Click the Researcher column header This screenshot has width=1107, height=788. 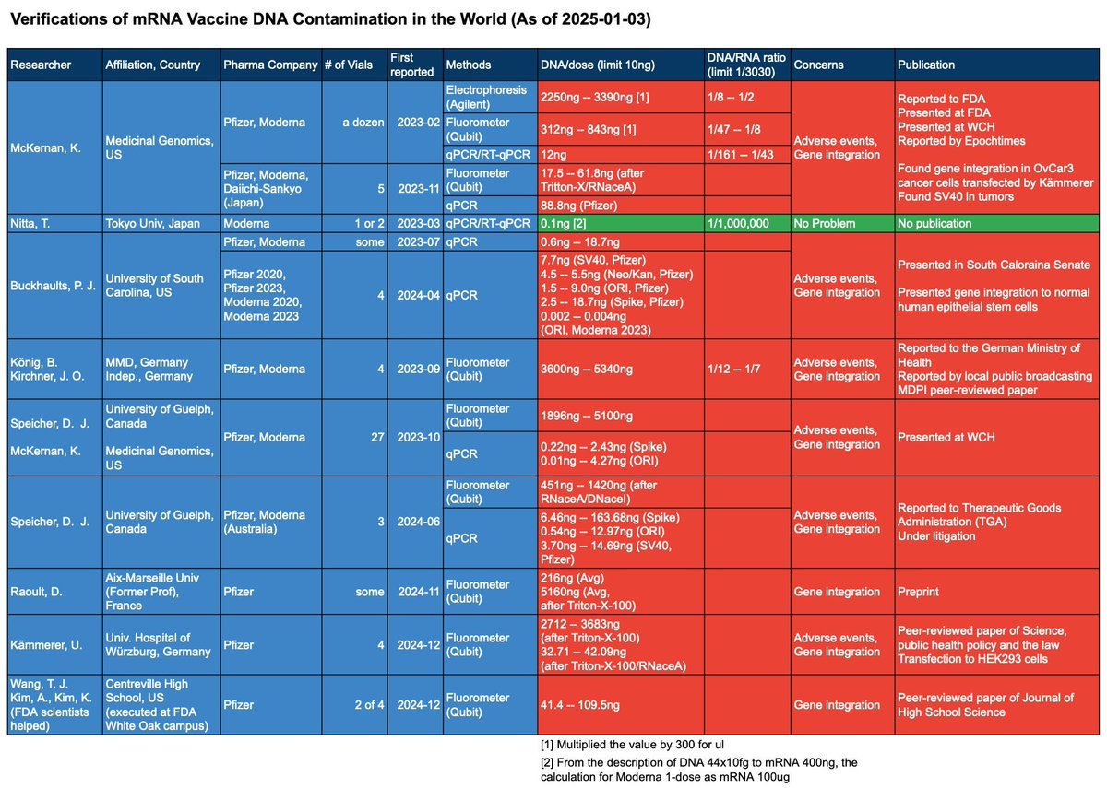pyautogui.click(x=54, y=65)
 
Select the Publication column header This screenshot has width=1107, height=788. pyautogui.click(x=997, y=65)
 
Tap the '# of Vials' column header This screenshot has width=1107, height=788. pyautogui.click(x=354, y=65)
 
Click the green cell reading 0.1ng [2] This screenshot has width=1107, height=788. pyautogui.click(x=621, y=224)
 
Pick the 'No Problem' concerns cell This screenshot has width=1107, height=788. pyautogui.click(x=842, y=224)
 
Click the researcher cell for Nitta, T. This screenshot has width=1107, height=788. pyautogui.click(x=54, y=224)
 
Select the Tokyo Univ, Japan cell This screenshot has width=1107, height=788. pyautogui.click(x=161, y=224)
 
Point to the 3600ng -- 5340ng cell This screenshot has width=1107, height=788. pyautogui.click(x=621, y=369)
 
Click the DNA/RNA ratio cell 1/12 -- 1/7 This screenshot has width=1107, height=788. pyautogui.click(x=747, y=369)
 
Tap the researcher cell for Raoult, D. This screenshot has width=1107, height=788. pyautogui.click(x=54, y=592)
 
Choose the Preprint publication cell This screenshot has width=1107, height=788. pyautogui.click(x=997, y=592)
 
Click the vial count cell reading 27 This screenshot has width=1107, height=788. pyautogui.click(x=354, y=438)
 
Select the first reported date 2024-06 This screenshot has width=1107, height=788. pyautogui.click(x=415, y=522)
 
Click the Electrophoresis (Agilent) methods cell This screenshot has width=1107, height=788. pyautogui.click(x=490, y=98)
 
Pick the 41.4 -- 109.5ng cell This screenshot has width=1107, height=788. pyautogui.click(x=621, y=704)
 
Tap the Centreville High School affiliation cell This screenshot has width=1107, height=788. pyautogui.click(x=161, y=704)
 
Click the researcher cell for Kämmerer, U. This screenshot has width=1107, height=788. pyautogui.click(x=54, y=645)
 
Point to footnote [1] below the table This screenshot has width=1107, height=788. pyautogui.click(x=632, y=745)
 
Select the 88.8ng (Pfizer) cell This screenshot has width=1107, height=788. pyautogui.click(x=621, y=206)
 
